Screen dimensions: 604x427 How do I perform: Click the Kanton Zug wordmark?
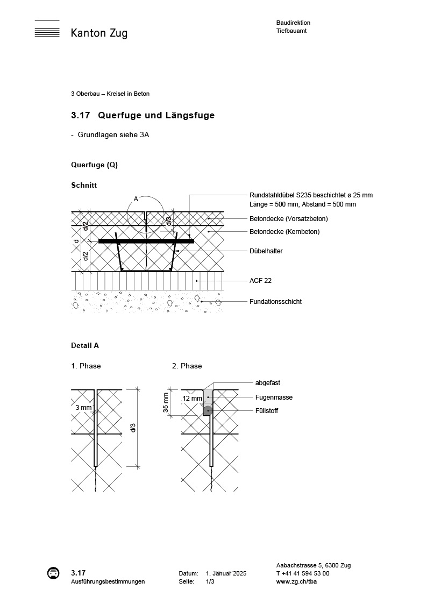[99, 33]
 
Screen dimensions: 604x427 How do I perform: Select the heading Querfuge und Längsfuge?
[156, 116]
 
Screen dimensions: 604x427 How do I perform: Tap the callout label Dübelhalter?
[266, 251]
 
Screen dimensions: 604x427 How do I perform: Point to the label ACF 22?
[260, 281]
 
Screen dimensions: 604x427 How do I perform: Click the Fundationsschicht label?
[275, 302]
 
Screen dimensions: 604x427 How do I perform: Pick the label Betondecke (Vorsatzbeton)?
[288, 219]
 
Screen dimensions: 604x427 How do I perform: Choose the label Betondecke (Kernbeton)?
[284, 232]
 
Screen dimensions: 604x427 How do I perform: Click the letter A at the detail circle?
[136, 199]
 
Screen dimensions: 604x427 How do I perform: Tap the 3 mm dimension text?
[83, 408]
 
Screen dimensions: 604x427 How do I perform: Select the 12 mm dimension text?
[191, 399]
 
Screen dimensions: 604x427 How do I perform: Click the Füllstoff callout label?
[267, 411]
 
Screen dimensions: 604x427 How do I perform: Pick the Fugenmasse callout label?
[274, 397]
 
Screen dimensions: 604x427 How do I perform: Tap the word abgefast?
[268, 383]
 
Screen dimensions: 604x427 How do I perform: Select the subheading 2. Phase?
[187, 366]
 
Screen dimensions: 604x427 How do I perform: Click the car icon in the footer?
[53, 573]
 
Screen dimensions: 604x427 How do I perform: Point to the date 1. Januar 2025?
[226, 574]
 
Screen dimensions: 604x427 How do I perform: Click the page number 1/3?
[210, 581]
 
